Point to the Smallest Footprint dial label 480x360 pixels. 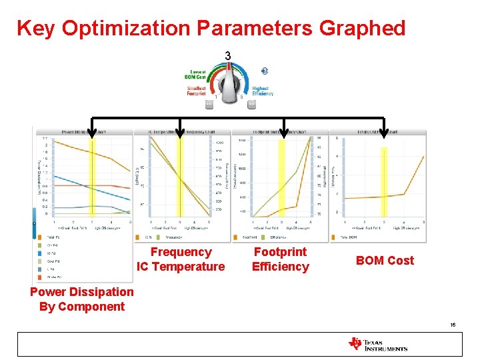click(x=197, y=91)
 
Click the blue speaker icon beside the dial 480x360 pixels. click(x=265, y=71)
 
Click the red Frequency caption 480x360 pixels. click(x=181, y=252)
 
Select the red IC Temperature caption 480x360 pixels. click(x=181, y=267)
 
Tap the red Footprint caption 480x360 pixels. click(x=280, y=252)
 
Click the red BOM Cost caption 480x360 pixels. click(x=385, y=261)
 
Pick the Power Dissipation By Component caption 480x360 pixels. click(x=82, y=299)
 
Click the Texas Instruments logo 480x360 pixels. click(x=377, y=344)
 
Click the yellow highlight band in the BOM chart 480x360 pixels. click(x=383, y=180)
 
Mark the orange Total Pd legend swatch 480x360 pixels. click(x=41, y=237)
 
